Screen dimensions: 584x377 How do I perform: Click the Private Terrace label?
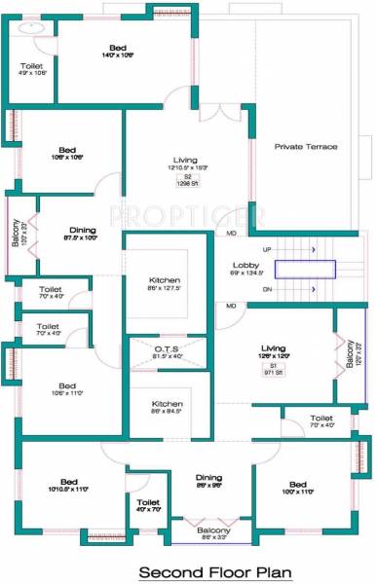306,146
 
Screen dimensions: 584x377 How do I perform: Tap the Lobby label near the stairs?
244,266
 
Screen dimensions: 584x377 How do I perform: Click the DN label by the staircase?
267,289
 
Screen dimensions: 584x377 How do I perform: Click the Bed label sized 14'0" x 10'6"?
118,48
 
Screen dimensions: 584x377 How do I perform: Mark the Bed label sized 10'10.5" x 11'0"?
68,481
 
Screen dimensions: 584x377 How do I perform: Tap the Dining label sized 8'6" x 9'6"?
208,477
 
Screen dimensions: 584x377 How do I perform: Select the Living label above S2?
185,160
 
